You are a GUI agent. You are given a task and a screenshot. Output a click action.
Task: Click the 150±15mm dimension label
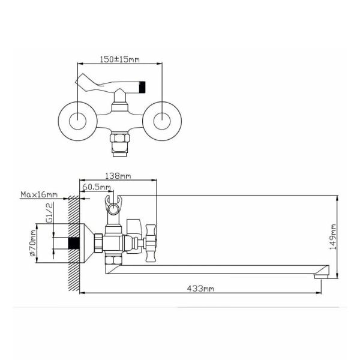tap(119, 59)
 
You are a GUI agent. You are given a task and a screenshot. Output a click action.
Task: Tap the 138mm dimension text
tap(118, 176)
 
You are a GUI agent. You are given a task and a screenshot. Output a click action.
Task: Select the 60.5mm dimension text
tap(97, 187)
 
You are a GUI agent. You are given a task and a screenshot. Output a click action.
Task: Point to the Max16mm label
tap(39, 194)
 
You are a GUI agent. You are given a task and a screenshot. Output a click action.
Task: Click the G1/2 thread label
tap(50, 212)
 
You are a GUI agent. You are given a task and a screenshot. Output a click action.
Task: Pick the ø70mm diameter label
tap(33, 243)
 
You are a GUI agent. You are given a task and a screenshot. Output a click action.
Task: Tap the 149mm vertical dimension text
tap(332, 237)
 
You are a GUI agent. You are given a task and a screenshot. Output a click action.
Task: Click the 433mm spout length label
tap(200, 288)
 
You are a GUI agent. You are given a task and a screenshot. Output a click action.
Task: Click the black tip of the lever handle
tap(142, 87)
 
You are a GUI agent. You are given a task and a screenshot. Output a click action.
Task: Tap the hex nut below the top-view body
tap(120, 137)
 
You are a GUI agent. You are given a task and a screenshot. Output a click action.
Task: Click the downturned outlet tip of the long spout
tap(322, 276)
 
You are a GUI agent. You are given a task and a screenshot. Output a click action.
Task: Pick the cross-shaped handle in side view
tap(151, 243)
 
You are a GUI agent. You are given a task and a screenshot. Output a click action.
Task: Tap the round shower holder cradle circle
tap(113, 209)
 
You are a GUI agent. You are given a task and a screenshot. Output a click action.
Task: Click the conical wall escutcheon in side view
tap(87, 243)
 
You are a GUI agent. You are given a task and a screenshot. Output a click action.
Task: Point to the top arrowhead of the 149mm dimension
tap(337, 198)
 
